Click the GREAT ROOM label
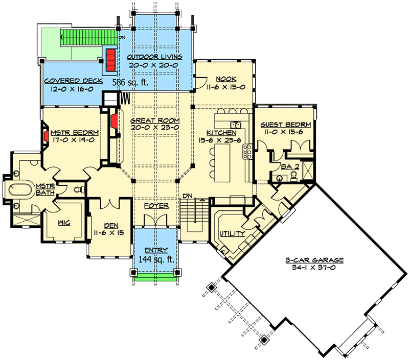(155, 121)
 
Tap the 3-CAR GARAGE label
(314, 260)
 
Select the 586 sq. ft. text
(130, 82)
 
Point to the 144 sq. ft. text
(156, 259)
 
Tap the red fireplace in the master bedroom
(46, 136)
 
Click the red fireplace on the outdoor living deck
(110, 60)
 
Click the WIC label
(64, 223)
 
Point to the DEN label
(111, 226)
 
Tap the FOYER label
(156, 206)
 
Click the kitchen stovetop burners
(247, 152)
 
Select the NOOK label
(226, 79)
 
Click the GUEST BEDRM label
(286, 125)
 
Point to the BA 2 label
(290, 166)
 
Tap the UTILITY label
(232, 233)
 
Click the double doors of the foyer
(155, 221)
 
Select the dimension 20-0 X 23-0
(155, 127)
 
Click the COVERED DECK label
(73, 81)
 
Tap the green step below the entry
(155, 279)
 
